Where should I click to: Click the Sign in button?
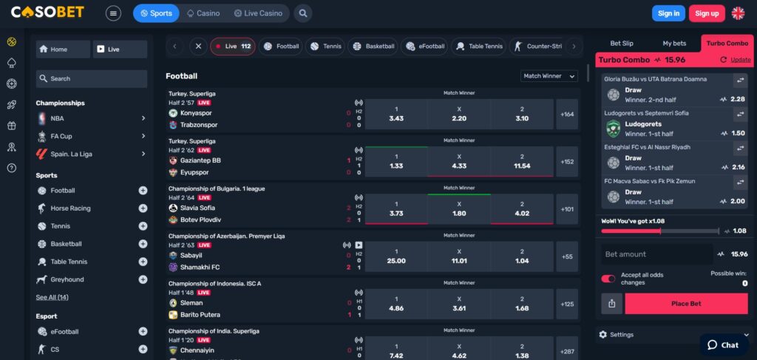[x=668, y=13]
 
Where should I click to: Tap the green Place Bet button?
[x=685, y=304]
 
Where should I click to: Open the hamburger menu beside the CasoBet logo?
[x=113, y=13]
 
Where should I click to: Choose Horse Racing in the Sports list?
[x=70, y=208]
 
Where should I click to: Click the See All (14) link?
[x=52, y=297]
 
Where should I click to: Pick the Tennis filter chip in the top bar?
[x=325, y=46]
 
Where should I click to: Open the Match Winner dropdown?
[x=550, y=76]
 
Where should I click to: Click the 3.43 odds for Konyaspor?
[x=396, y=115]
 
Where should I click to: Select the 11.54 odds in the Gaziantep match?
[x=522, y=161]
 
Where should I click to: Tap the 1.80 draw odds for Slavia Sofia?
[x=459, y=209]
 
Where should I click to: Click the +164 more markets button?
[x=567, y=115]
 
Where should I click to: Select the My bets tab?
[x=673, y=44]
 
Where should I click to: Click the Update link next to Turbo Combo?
[x=739, y=60]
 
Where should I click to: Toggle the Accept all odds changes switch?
[x=608, y=279]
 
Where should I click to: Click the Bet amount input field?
[x=654, y=254]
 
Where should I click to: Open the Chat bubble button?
[x=723, y=344]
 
